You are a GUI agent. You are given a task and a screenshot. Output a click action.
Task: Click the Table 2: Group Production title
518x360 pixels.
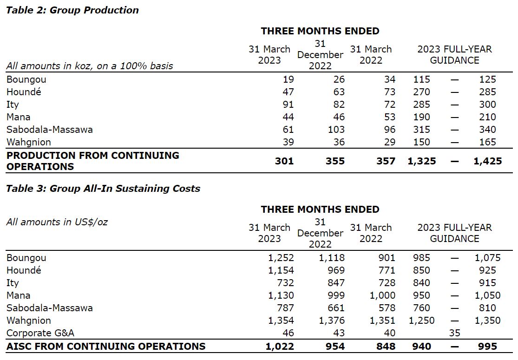(72, 10)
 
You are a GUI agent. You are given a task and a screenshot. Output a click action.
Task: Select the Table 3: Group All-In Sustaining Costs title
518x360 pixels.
(103, 189)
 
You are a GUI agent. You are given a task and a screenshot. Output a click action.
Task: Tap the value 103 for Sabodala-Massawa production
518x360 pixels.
(336, 130)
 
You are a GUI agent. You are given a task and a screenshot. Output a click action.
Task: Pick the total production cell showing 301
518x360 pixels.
(284, 161)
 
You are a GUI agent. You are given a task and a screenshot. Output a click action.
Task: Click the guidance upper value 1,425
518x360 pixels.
(487, 161)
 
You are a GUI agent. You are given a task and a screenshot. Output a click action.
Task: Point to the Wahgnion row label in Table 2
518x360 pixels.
(29, 142)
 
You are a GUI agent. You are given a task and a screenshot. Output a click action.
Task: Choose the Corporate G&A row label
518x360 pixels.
(40, 333)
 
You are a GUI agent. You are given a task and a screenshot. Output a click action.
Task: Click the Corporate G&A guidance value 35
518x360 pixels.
(454, 333)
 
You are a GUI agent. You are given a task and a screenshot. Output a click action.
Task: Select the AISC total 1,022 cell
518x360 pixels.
(280, 346)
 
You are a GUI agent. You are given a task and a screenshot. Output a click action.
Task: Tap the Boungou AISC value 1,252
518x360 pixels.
(281, 258)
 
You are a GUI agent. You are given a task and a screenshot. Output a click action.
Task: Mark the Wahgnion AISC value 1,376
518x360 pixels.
(332, 321)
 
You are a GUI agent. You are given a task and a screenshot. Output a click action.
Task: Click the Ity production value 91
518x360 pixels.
(288, 105)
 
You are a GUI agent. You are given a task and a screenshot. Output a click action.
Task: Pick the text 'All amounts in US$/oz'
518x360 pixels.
(57, 222)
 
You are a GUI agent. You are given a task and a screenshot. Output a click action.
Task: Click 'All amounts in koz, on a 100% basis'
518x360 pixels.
(90, 66)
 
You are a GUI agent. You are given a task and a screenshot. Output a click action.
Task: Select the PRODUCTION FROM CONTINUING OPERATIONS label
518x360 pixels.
(92, 161)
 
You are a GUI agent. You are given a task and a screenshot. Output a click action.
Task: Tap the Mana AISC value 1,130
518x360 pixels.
(281, 295)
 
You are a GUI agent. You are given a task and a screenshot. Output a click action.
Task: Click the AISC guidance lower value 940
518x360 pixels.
(422, 346)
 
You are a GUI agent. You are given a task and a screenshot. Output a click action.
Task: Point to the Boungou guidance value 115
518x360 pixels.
(422, 79)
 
